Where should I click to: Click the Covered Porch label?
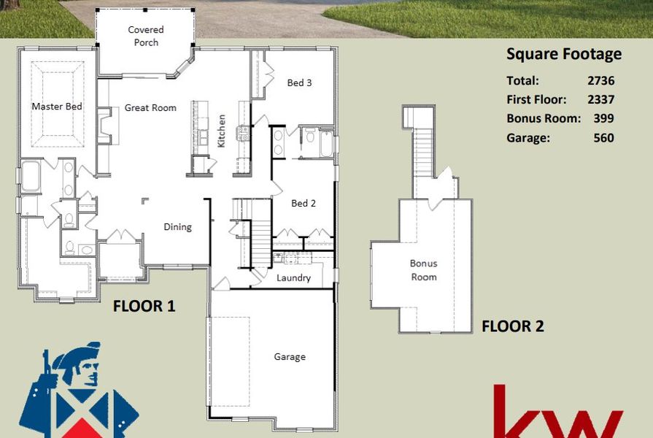[146, 36]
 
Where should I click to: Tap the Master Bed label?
[56, 107]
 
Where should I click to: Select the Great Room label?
[150, 107]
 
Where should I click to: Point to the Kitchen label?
[222, 131]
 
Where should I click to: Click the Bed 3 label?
[299, 83]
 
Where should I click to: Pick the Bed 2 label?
[303, 203]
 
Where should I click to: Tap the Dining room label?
[177, 226]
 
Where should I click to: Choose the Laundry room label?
[293, 277]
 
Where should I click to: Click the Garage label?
[290, 357]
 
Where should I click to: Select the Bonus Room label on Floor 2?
[423, 270]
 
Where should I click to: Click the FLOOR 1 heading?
[144, 307]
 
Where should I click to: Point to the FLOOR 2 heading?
[512, 326]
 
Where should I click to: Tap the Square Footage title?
[563, 54]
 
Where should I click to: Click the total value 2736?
[600, 81]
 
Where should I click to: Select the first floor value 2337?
[600, 100]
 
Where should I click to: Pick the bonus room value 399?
[603, 118]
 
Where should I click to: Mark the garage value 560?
[603, 137]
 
